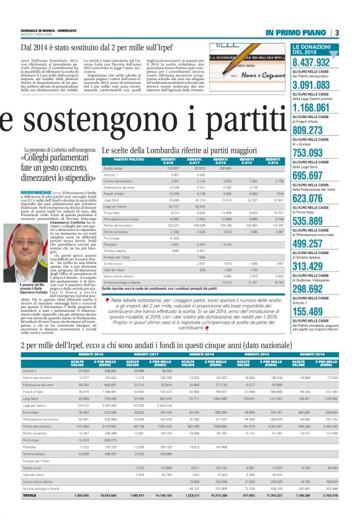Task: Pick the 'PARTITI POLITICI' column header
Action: [x=121, y=160]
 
